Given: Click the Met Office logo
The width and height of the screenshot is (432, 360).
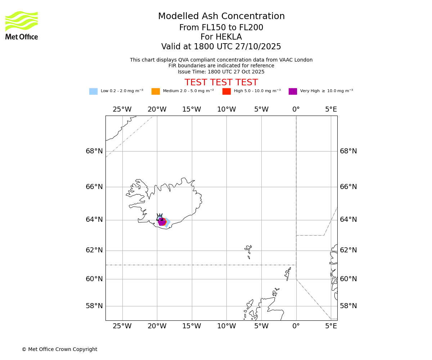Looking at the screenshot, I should point(22,25).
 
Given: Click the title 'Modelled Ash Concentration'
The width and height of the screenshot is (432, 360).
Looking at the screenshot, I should point(221,17).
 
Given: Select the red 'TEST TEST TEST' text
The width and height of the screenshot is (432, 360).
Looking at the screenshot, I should point(221,82).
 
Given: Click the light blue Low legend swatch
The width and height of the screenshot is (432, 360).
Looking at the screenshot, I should point(93,91).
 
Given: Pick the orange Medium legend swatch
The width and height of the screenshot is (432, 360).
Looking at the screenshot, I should point(156,91).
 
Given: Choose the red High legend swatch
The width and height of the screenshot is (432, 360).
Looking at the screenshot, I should point(226,91).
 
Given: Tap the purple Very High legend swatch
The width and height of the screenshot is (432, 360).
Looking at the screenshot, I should point(293,91).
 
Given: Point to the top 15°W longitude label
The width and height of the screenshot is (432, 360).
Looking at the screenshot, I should point(192,109).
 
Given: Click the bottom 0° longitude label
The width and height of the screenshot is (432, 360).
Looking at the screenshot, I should point(296,327).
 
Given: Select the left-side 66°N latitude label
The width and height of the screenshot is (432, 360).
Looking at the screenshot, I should point(94,187).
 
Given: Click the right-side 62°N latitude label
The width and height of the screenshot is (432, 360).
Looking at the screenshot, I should point(348,250).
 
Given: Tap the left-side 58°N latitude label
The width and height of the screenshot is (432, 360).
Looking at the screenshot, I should point(94,306).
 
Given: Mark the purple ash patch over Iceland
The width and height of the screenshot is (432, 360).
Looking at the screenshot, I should point(162,222).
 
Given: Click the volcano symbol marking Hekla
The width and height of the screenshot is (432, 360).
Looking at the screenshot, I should point(159,217).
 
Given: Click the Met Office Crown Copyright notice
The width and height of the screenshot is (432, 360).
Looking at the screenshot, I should point(59,350).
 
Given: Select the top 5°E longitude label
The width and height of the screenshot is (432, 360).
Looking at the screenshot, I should point(331,109).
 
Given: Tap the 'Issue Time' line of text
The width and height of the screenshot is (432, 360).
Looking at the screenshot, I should point(221,72).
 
